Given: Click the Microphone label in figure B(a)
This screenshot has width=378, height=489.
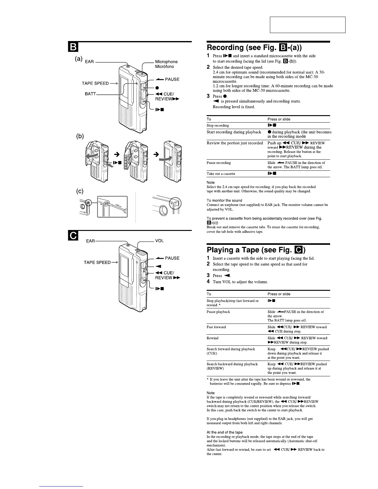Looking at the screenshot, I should point(166,62).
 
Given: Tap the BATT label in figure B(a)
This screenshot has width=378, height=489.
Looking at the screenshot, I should point(90,94).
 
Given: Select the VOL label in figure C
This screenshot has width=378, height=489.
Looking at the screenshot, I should point(159,241).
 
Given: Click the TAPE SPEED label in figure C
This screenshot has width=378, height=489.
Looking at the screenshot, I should point(97,262).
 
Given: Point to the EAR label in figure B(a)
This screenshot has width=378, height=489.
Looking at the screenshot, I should point(89,62).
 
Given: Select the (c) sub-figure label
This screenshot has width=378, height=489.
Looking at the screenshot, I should point(80,191).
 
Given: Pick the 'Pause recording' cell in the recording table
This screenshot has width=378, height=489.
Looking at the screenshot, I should point(219,163).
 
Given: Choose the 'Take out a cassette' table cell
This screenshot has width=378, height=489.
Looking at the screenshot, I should point(221,174).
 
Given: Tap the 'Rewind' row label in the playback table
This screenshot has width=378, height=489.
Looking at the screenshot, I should point(212,338).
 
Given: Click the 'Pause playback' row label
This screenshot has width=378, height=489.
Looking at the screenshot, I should point(218,312).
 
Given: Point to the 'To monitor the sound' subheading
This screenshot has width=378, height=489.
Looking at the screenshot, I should point(224,200).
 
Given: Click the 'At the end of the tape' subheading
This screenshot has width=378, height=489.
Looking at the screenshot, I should point(225,432).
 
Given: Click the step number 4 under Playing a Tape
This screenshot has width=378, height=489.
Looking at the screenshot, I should point(208,282).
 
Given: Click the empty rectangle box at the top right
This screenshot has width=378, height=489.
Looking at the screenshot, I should point(308,25).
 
